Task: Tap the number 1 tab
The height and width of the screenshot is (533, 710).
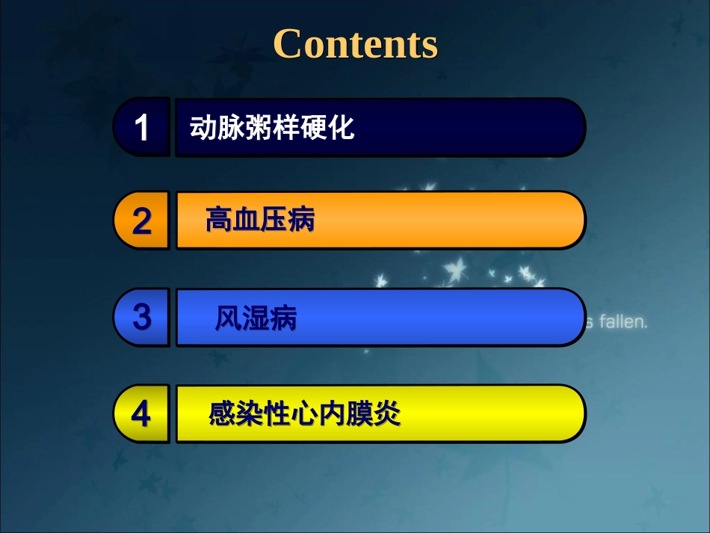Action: (142, 127)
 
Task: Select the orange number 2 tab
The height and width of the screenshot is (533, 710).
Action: (142, 221)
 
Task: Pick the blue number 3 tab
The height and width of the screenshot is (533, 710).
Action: (142, 317)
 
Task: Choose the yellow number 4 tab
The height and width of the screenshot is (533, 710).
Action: (142, 413)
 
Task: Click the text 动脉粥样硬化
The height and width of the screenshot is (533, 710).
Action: (272, 128)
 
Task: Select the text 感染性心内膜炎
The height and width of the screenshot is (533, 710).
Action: (304, 413)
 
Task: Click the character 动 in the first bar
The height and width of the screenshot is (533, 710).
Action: (201, 128)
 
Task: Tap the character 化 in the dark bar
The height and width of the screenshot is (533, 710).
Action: (342, 128)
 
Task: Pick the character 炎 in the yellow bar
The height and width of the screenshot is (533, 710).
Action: (388, 413)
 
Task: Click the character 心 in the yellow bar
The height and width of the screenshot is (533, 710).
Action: (305, 413)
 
